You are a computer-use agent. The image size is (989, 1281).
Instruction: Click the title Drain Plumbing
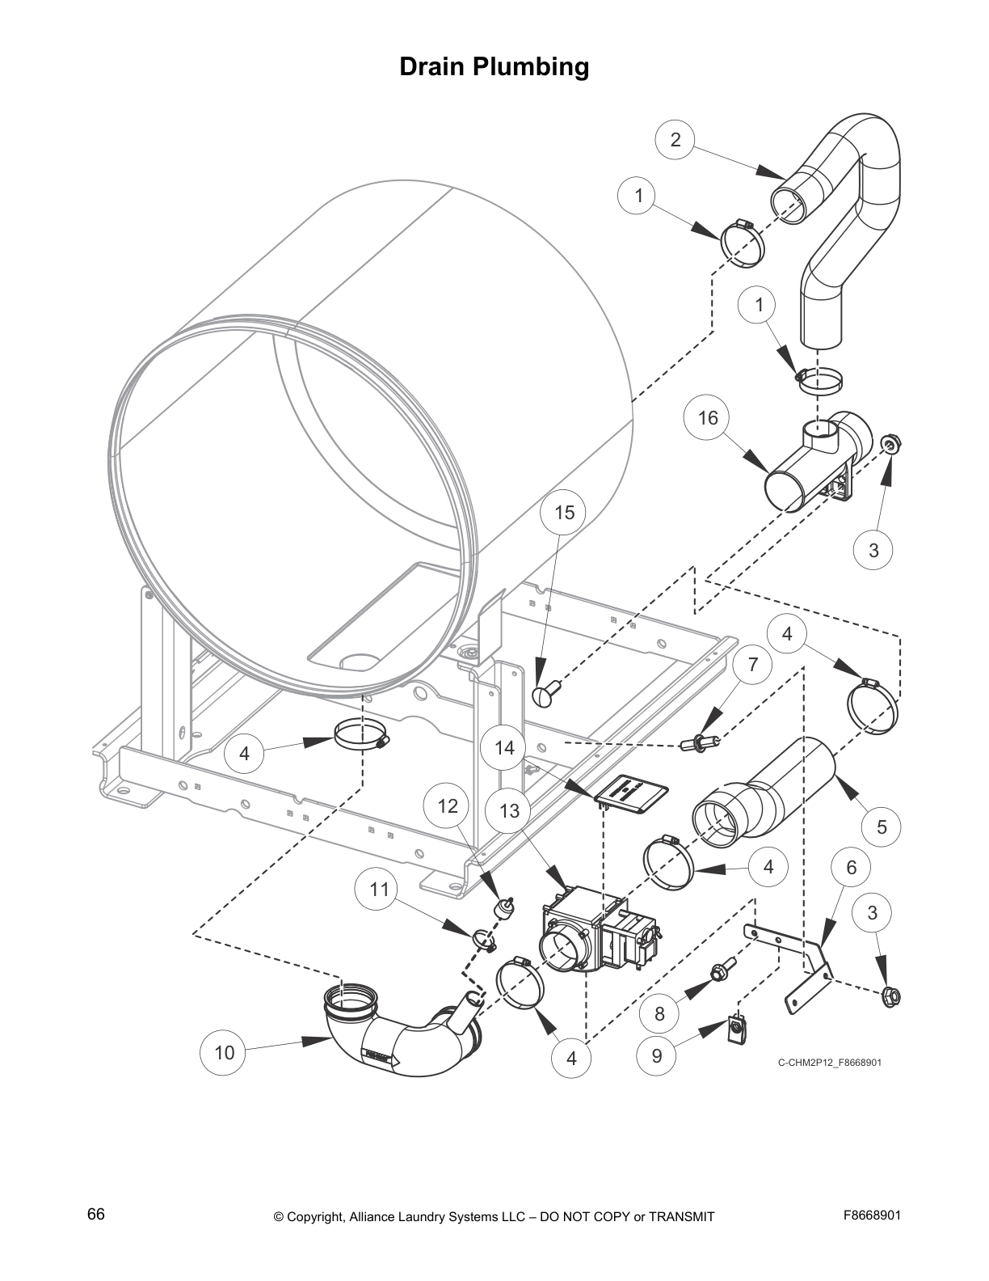(494, 66)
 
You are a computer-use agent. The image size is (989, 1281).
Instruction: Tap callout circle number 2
(675, 140)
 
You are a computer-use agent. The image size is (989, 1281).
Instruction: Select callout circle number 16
(707, 417)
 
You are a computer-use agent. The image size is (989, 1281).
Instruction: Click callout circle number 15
(564, 512)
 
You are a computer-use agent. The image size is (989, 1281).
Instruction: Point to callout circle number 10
(224, 1052)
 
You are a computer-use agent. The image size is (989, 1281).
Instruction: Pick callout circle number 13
(509, 810)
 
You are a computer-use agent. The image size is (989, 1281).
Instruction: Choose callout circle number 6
(852, 868)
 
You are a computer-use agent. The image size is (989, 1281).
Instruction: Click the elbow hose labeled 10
(388, 1039)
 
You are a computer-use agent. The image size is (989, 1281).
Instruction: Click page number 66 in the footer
(95, 1215)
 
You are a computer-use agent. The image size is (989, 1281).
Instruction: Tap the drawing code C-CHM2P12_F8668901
(829, 1062)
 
